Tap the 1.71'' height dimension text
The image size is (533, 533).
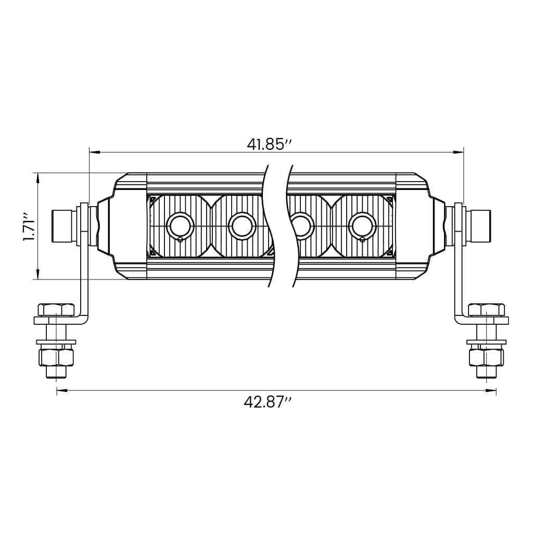pos(29,226)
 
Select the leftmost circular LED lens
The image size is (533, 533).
pos(180,226)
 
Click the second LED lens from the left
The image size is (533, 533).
pos(242,226)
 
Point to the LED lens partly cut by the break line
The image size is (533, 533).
pos(300,226)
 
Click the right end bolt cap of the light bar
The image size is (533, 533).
pos(479,226)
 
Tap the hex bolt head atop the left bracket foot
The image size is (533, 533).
pos(56,310)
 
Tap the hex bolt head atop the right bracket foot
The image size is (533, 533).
pos(486,310)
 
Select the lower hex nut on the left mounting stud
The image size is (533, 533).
pos(56,357)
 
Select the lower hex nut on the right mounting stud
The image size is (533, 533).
pos(486,357)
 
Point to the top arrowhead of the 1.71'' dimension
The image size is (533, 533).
pos(38,177)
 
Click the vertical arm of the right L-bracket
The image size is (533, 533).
pos(459,271)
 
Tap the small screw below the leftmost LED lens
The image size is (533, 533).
pos(180,240)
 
